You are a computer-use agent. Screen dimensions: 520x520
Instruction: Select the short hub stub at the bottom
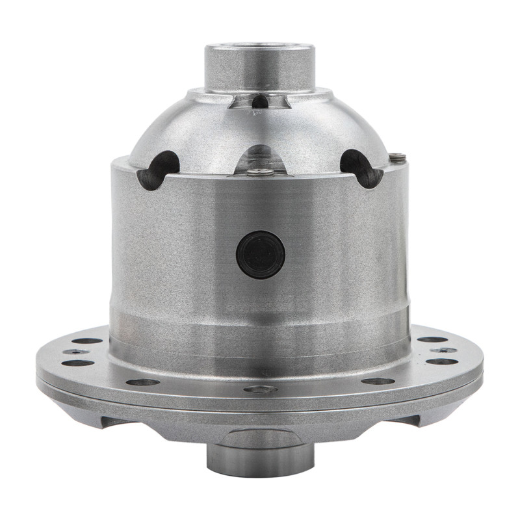tap(260, 458)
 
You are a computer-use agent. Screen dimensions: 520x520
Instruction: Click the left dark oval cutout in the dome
tap(157, 169)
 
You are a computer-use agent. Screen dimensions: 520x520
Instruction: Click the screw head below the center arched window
tap(261, 172)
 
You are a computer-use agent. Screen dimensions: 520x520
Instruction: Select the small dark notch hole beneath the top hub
tap(260, 101)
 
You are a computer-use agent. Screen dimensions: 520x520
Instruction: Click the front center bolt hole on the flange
tap(260, 389)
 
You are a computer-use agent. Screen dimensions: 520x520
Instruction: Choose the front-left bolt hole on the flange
tap(142, 382)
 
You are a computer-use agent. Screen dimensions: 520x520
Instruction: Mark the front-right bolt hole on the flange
tap(378, 381)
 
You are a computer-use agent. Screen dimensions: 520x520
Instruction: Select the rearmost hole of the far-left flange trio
tap(87, 340)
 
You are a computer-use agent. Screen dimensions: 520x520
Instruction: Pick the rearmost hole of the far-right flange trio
tap(432, 339)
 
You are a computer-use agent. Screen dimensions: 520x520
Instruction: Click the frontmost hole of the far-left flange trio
tap(77, 363)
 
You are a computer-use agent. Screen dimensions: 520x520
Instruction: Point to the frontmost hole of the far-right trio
tap(442, 361)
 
